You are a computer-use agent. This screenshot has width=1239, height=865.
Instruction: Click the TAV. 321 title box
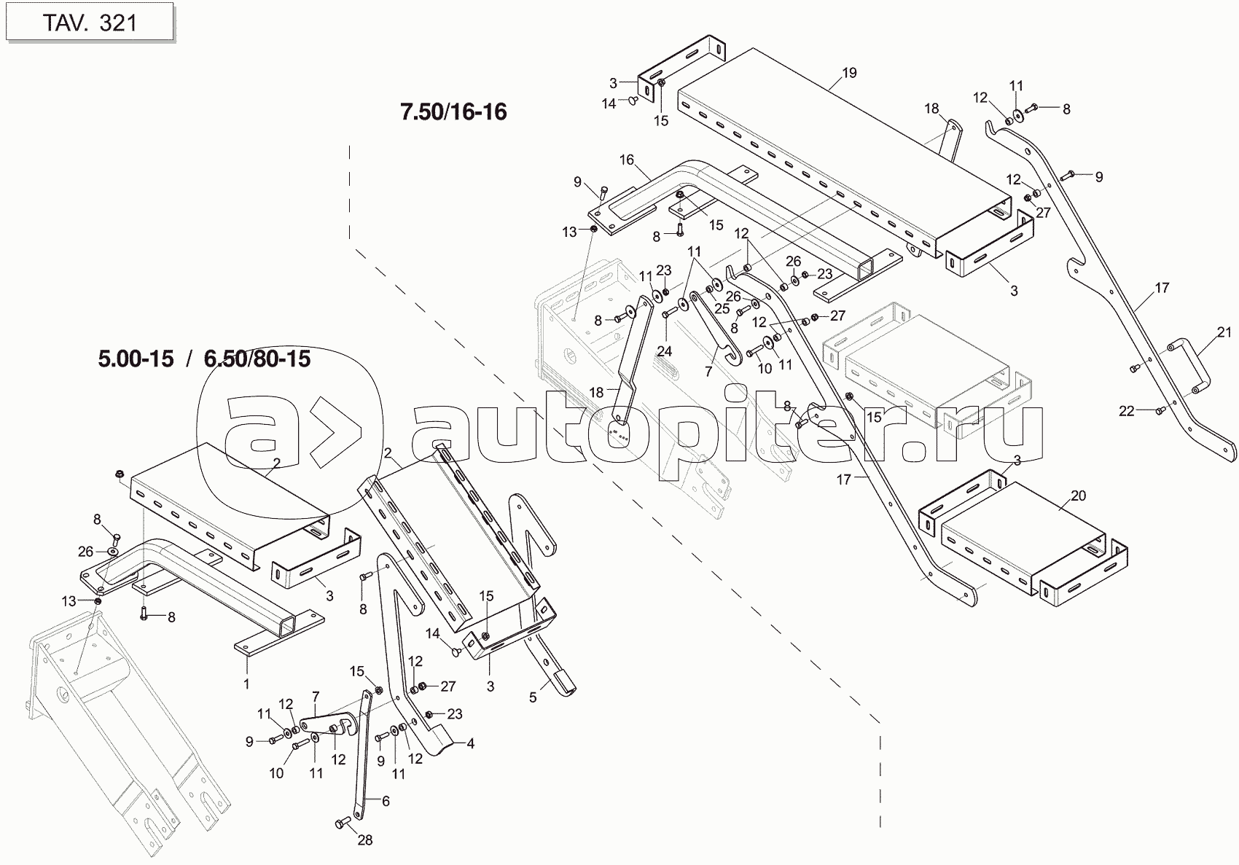(x=90, y=22)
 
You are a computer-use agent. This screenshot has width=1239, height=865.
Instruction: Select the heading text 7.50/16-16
(x=453, y=111)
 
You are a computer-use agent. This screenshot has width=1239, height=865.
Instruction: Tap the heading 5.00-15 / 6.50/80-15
(x=204, y=359)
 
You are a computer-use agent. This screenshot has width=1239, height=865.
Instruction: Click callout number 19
(x=849, y=72)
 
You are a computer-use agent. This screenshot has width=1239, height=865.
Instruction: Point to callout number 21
(x=1224, y=332)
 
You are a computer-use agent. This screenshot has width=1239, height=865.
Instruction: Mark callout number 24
(x=664, y=351)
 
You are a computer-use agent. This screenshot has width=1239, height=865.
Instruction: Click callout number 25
(x=722, y=308)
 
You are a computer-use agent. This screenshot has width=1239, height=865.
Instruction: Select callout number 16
(x=627, y=160)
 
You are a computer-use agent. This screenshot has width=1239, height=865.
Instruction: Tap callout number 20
(x=1079, y=496)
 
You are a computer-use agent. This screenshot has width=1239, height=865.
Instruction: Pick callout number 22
(x=1127, y=411)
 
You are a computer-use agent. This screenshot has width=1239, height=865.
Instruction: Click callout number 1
(x=246, y=684)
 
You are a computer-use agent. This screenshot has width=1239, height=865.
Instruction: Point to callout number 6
(x=386, y=801)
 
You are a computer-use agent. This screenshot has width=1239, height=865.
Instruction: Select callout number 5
(x=533, y=697)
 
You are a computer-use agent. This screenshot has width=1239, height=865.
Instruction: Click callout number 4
(x=471, y=744)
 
